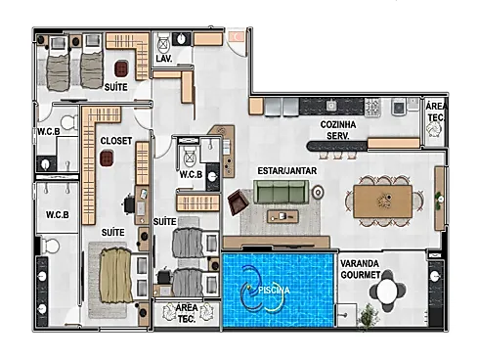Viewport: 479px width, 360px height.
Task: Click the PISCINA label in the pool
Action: (274, 291)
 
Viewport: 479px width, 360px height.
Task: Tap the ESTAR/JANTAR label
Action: (287, 171)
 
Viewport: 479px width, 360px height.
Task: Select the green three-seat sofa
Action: (281, 192)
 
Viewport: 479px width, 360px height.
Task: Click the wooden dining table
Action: (383, 202)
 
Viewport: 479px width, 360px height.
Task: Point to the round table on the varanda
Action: (388, 290)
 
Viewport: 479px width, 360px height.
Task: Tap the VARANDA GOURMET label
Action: (360, 269)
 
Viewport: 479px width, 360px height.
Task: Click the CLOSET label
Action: (116, 141)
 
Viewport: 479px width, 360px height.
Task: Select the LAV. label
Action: (164, 59)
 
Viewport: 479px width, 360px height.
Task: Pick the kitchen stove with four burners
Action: (372, 107)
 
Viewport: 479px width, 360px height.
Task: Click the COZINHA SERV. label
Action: (338, 130)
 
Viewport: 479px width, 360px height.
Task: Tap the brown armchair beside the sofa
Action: (239, 202)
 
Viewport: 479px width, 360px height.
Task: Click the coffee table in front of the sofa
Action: (283, 216)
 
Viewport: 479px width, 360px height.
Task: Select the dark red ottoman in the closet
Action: (107, 157)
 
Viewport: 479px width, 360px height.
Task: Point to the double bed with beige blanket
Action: (116, 275)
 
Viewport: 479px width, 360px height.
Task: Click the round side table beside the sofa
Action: (318, 193)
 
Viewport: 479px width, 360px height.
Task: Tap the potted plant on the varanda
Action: (369, 315)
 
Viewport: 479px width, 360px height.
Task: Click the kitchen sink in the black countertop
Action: (331, 106)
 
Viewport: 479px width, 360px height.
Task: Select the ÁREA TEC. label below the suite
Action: (187, 313)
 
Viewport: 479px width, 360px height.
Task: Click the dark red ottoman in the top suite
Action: (121, 68)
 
